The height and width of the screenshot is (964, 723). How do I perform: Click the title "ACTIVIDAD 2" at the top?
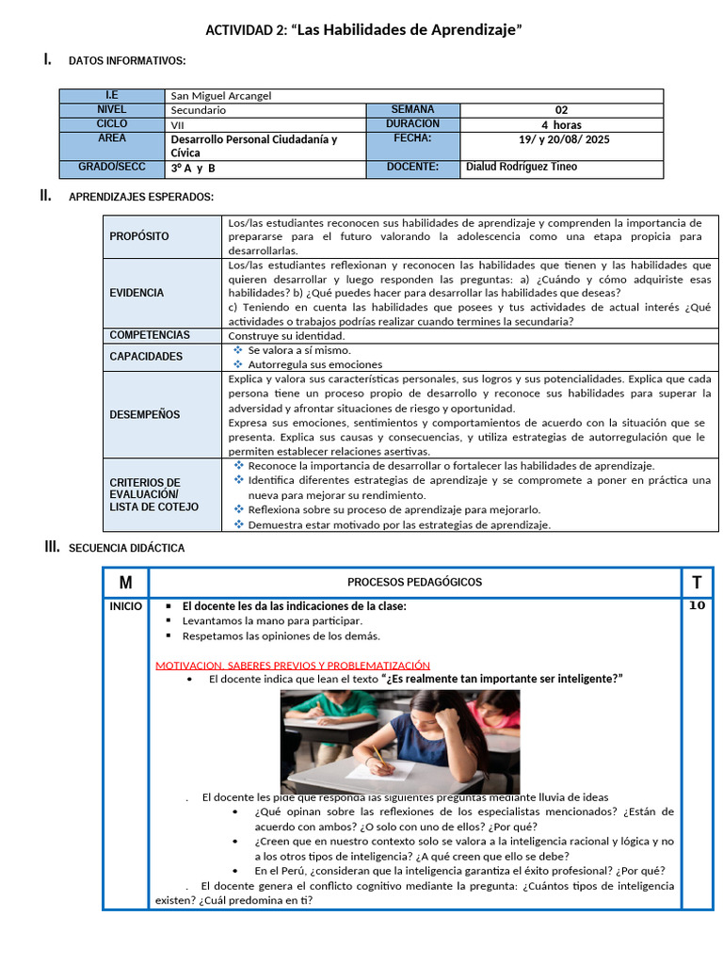coord(363,31)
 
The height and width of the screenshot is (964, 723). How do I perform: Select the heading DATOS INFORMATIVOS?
coord(127,61)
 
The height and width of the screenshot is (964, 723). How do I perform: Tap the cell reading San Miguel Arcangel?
coord(221,95)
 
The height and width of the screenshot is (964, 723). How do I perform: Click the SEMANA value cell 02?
coord(561,109)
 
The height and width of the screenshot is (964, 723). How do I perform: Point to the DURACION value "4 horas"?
coord(561,124)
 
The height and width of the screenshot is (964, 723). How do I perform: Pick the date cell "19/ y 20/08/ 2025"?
coord(561,138)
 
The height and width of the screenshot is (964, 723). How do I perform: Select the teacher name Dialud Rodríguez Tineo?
coord(522,167)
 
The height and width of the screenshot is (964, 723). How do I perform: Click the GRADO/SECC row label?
coord(111,168)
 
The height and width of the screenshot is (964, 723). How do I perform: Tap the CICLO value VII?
coord(178,124)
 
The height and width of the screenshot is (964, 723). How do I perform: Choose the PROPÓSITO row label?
coord(139,236)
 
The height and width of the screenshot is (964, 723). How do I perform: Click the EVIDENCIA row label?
coord(137,293)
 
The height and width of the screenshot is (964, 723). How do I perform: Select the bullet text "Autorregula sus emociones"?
coord(314,363)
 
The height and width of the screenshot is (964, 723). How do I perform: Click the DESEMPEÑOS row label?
coord(144,414)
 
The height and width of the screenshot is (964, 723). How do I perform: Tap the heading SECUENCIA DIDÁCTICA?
coord(126,548)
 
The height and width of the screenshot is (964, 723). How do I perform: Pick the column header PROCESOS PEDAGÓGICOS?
coord(414,582)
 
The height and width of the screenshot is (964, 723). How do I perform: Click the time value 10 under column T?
coord(696,605)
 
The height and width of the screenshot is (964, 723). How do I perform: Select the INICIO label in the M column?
coord(125,606)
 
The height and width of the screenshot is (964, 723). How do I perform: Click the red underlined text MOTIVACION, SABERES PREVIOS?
coord(292,665)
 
